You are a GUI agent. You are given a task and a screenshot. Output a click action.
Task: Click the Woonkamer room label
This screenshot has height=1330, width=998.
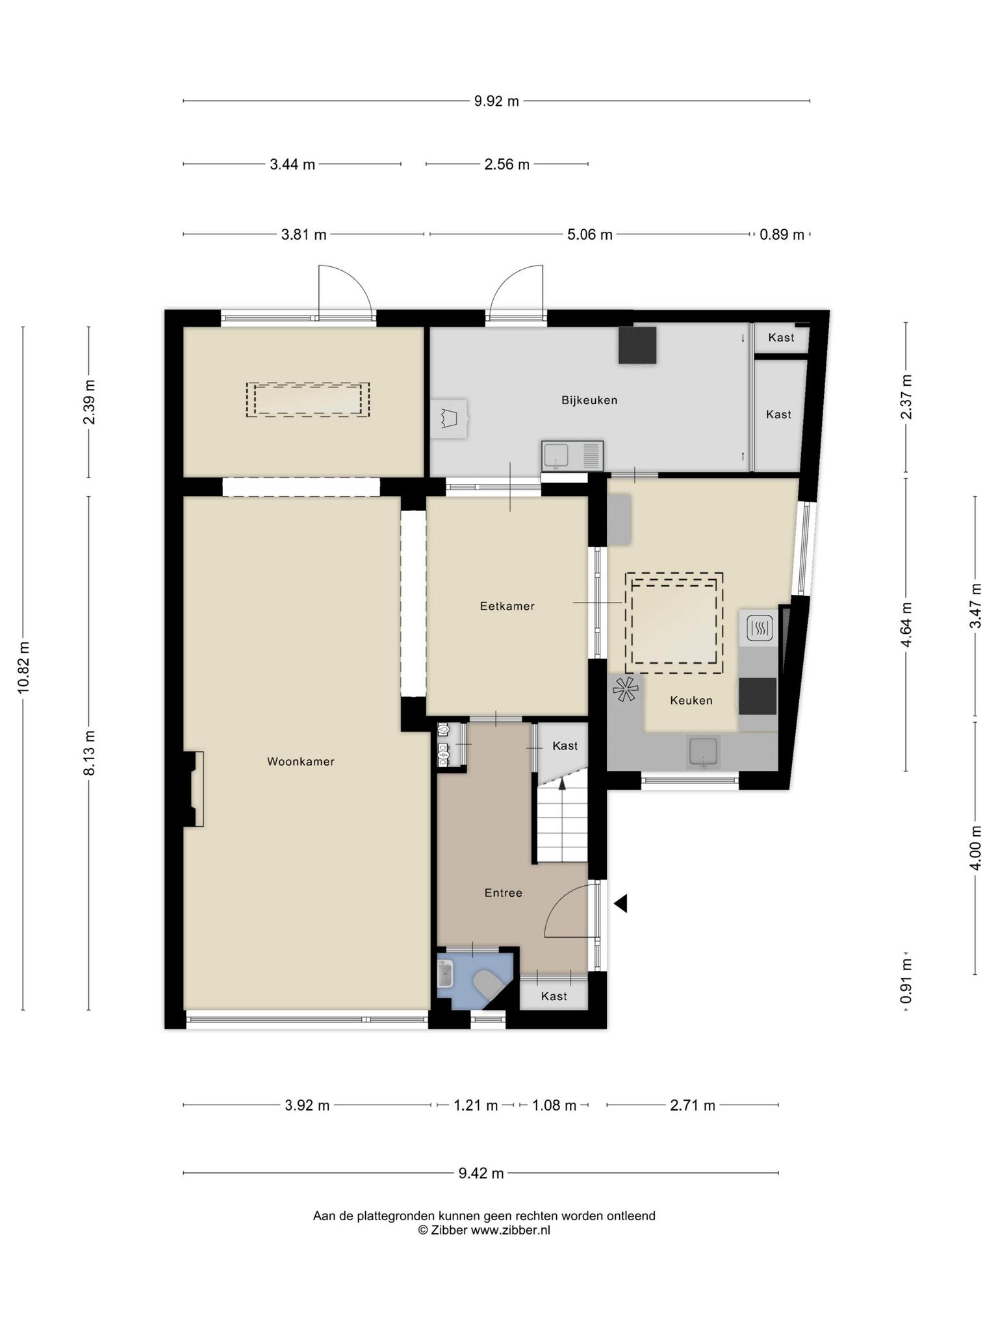tap(301, 761)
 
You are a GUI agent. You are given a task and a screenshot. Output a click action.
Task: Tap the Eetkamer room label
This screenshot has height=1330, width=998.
tap(507, 606)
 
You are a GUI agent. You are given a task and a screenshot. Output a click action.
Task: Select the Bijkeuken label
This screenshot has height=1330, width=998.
tap(589, 400)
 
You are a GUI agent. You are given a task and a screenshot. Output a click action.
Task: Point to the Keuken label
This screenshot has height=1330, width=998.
tap(691, 700)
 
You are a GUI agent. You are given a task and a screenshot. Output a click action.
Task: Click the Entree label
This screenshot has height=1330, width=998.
tap(504, 893)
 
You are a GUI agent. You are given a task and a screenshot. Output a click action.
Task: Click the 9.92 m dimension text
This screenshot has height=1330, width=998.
tap(496, 101)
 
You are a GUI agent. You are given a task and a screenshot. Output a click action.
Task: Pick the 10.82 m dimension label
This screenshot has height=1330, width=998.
tap(23, 668)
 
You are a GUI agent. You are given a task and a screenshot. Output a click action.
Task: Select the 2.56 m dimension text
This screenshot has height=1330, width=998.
tap(507, 164)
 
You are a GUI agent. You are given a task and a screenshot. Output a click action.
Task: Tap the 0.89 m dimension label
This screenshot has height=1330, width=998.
tap(782, 234)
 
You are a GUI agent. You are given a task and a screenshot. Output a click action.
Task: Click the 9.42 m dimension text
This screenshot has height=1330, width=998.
tap(481, 1173)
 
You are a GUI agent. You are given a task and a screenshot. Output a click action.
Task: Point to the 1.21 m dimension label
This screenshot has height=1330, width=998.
tap(476, 1105)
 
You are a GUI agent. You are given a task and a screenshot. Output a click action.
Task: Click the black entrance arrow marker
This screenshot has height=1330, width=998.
tap(621, 903)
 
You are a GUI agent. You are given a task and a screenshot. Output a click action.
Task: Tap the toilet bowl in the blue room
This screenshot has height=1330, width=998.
tap(487, 985)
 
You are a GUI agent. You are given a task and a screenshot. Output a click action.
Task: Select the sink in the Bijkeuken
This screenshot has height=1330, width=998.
tap(572, 455)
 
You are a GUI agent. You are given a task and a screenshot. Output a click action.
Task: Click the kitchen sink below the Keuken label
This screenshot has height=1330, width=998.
tap(704, 752)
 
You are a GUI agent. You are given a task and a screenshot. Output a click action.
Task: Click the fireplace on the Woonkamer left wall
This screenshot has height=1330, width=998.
tap(194, 789)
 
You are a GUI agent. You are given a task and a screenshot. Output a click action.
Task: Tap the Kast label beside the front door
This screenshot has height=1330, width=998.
tap(554, 996)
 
